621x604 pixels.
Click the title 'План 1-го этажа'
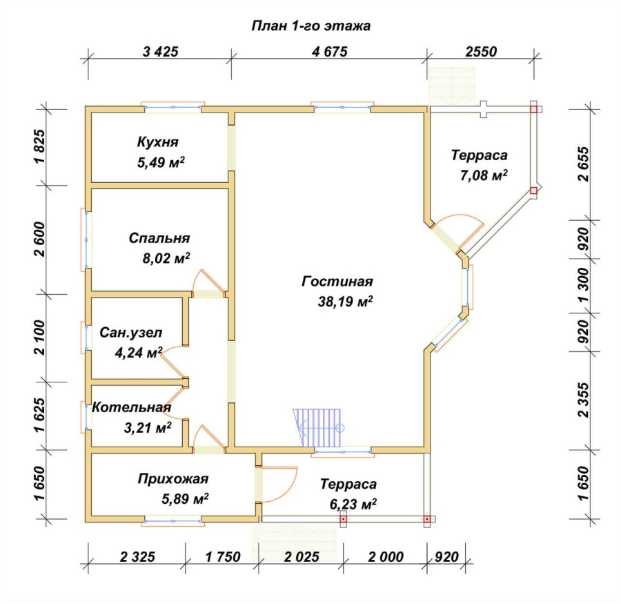tap(311, 26)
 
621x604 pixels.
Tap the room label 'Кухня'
tap(157, 142)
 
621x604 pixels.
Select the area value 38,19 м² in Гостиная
tap(345, 302)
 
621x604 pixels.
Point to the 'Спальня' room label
tap(159, 238)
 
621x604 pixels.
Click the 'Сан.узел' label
tap(130, 332)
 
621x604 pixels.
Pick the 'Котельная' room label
tap(132, 407)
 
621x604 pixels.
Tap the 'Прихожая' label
tap(173, 479)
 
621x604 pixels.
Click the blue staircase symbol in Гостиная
tap(317, 429)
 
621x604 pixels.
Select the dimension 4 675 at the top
tap(330, 52)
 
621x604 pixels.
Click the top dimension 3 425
tap(160, 52)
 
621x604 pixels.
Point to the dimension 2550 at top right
tap(481, 52)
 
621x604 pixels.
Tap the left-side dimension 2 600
tap(40, 239)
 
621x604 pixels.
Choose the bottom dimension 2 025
tap(302, 557)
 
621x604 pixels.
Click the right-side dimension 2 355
tap(583, 400)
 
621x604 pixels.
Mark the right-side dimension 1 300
tap(583, 285)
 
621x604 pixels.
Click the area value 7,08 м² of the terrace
tap(484, 175)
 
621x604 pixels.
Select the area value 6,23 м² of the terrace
tap(353, 504)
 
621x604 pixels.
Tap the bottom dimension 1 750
tap(223, 557)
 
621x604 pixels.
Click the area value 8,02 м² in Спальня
tap(166, 258)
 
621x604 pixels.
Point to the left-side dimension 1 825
tap(40, 146)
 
